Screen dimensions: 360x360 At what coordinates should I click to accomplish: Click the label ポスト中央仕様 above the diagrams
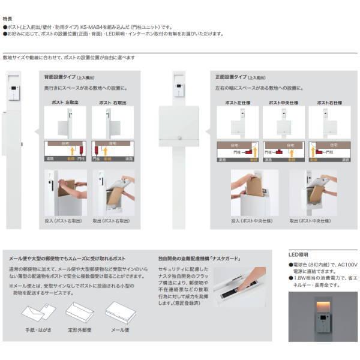279,103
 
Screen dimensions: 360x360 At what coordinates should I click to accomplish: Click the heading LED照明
298,255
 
